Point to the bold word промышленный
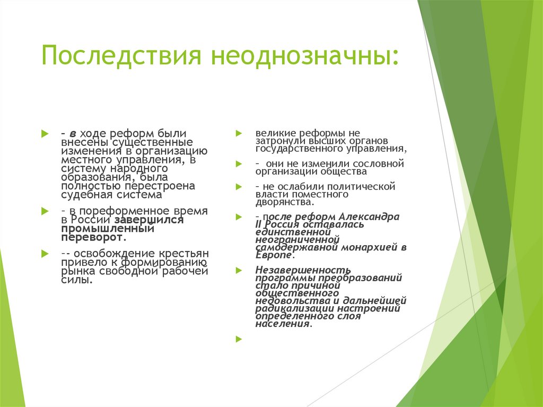point(108,229)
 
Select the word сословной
point(379,163)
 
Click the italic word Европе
point(273,255)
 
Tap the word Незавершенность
point(303,270)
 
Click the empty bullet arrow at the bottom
point(239,339)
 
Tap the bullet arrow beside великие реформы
point(239,132)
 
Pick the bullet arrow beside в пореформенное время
point(45,211)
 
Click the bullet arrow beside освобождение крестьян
point(45,253)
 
